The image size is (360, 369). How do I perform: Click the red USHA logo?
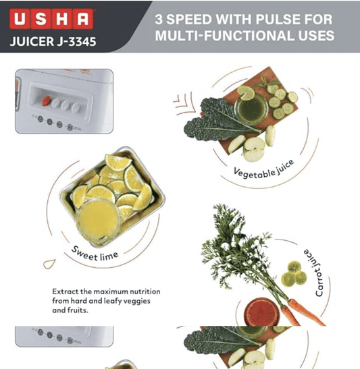tap(53, 18)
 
